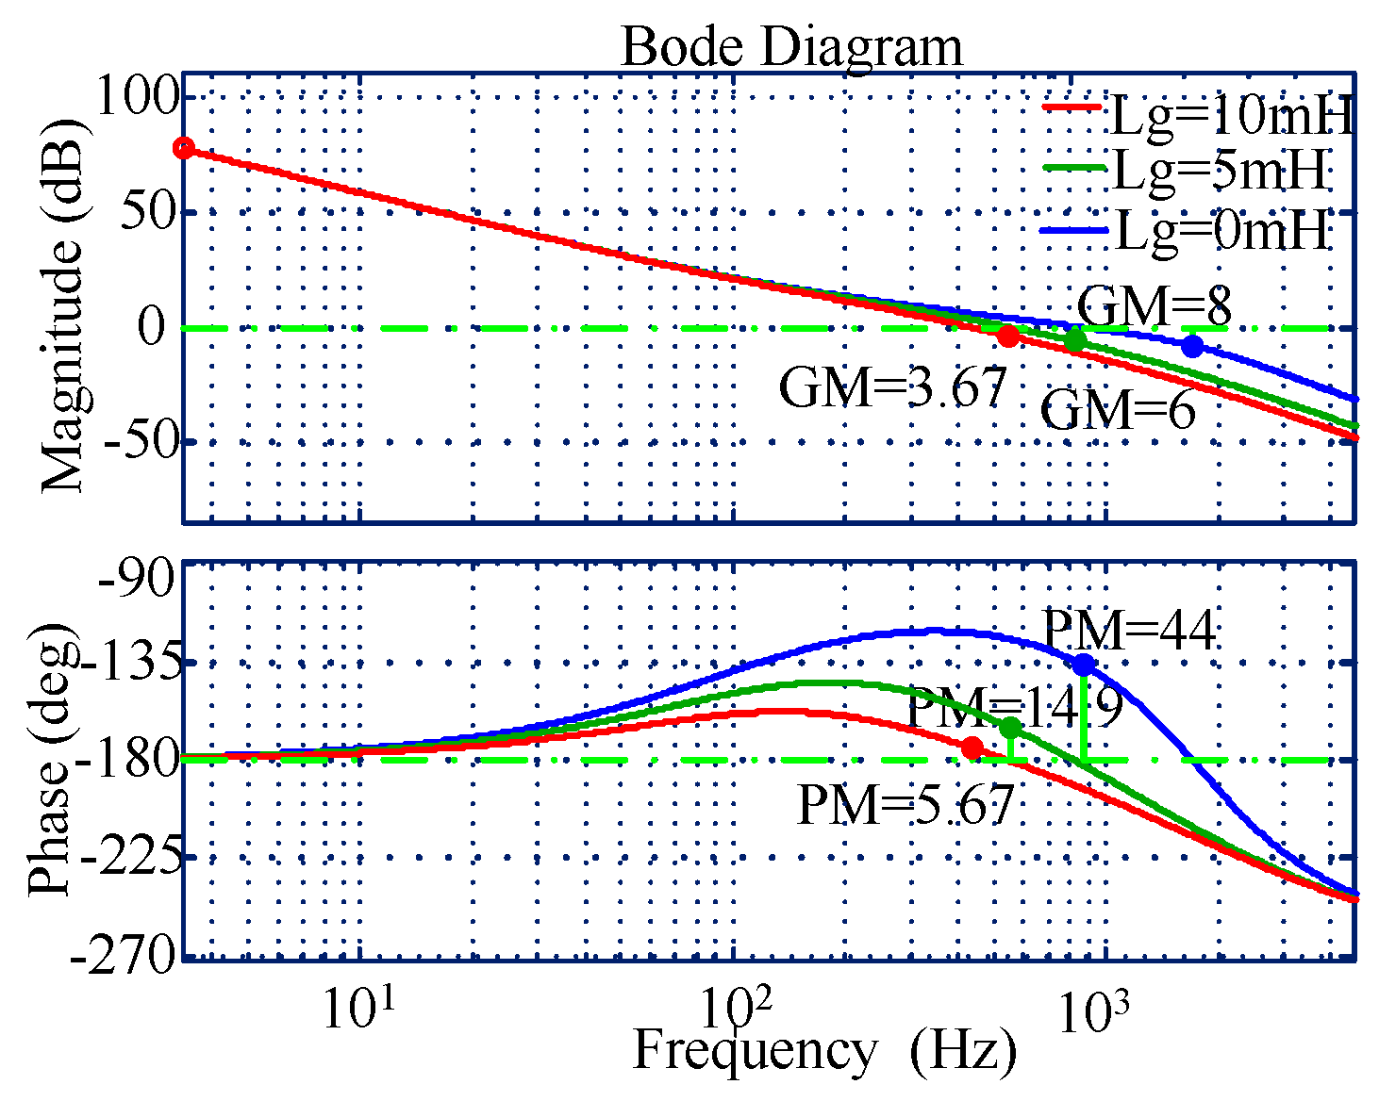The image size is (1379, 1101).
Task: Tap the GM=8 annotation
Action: (x=1154, y=306)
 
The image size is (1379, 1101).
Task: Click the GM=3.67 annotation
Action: (x=892, y=387)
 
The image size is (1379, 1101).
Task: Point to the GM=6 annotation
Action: (x=1118, y=411)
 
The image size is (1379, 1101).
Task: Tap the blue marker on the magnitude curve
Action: (x=1192, y=346)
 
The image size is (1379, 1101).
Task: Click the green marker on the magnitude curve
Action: (x=1074, y=340)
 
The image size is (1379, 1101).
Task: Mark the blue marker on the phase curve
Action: (x=1084, y=665)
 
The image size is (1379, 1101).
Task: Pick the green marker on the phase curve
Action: (x=1010, y=728)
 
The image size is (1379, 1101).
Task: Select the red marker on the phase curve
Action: (x=972, y=748)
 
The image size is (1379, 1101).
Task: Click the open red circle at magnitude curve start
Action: (x=185, y=148)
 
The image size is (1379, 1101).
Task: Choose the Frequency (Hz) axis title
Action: (x=824, y=1052)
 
